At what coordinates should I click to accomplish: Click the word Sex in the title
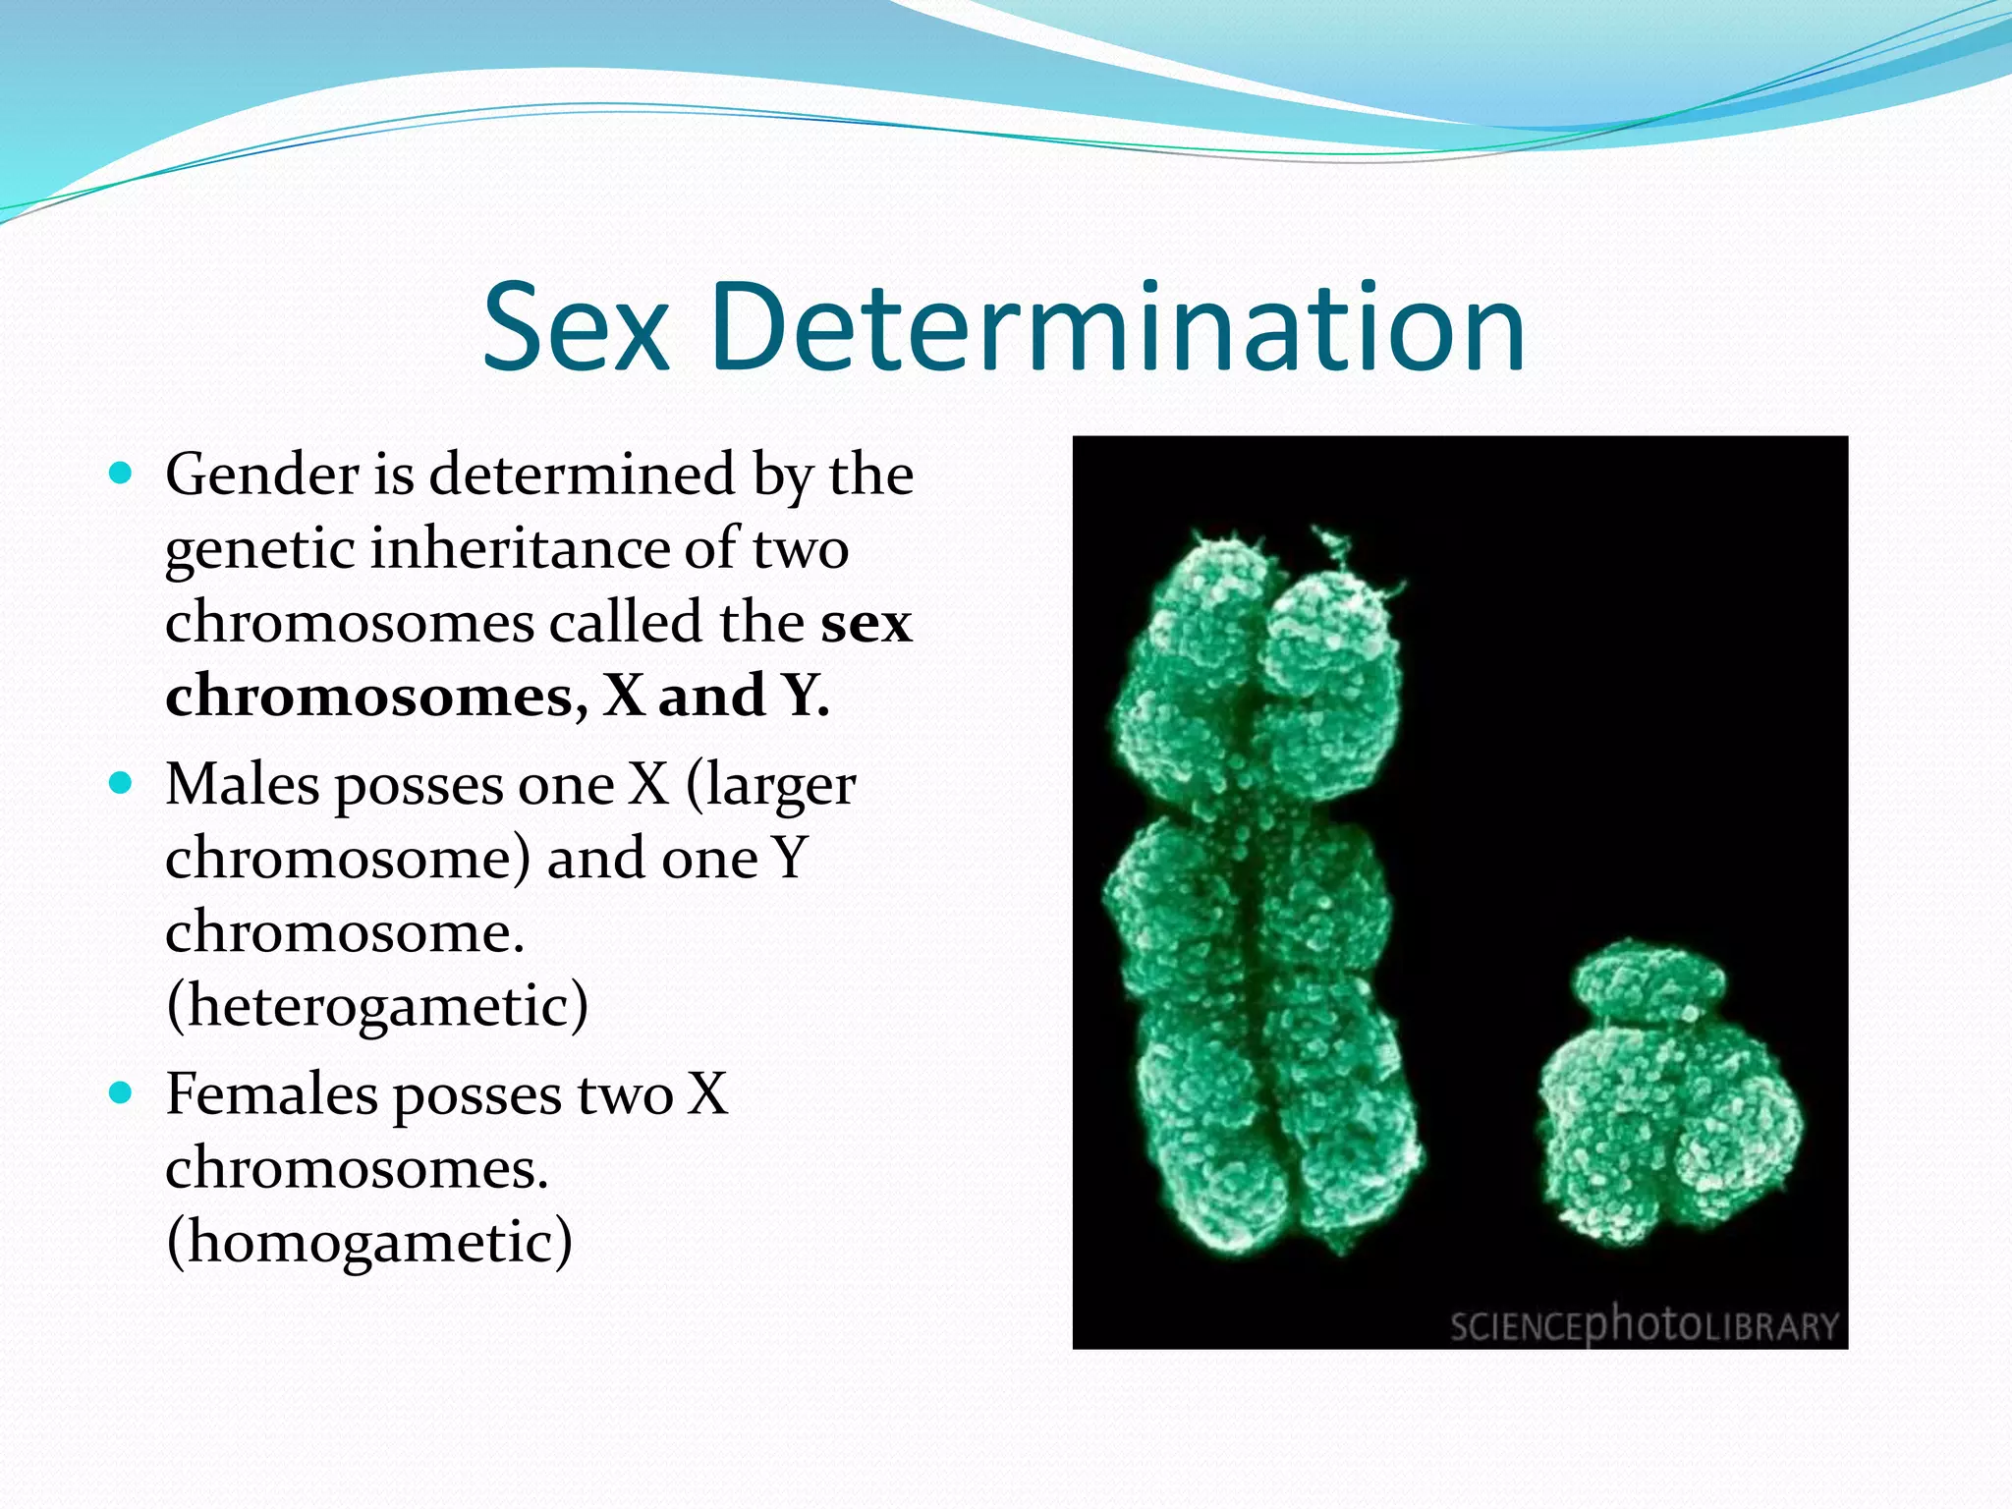577,327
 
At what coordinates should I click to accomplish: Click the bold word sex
866,623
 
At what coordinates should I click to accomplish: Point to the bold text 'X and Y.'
716,696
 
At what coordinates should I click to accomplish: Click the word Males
243,785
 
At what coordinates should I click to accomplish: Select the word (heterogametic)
377,1006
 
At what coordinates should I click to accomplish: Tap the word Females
271,1094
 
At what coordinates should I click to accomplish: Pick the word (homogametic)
369,1242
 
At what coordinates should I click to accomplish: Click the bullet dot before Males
121,784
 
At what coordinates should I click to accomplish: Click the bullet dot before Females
121,1093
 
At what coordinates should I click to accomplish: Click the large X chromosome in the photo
1257,894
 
